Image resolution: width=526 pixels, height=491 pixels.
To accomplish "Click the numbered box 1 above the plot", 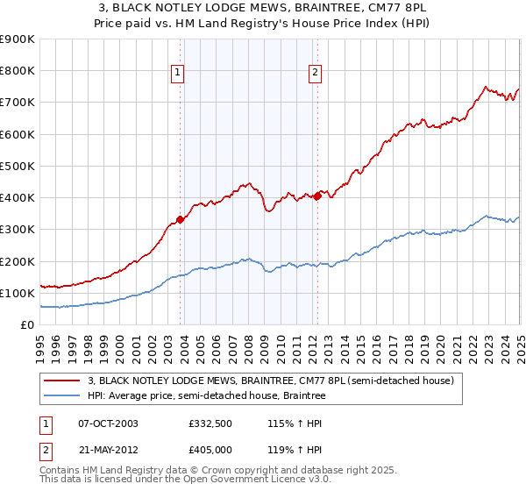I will (x=178, y=73).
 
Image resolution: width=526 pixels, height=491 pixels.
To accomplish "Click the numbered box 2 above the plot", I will (x=315, y=73).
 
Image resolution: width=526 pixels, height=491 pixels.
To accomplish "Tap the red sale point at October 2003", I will (x=180, y=219).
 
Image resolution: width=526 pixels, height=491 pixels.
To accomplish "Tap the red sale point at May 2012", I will (x=317, y=196).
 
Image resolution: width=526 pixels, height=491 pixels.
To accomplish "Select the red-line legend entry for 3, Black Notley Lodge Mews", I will (x=270, y=381).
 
